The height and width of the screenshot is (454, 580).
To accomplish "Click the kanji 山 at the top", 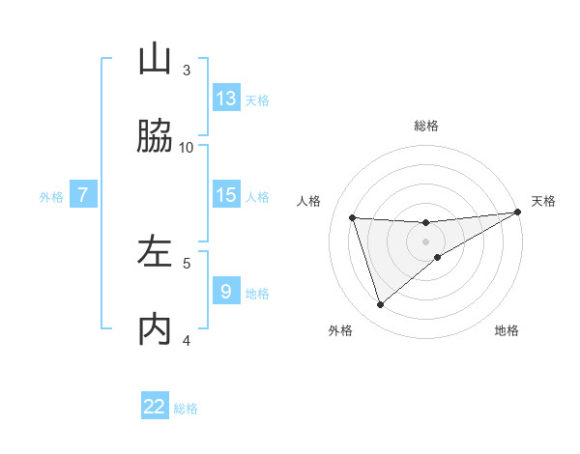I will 155,60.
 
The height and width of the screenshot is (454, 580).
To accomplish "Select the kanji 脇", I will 155,136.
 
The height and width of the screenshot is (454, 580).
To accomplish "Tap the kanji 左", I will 155,252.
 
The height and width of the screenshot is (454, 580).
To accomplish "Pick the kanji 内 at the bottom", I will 155,329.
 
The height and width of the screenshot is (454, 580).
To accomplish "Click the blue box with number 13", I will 226,99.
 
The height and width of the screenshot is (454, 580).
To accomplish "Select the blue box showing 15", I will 226,195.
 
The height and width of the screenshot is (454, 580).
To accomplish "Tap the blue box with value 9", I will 226,292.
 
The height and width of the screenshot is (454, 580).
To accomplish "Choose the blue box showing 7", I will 83,195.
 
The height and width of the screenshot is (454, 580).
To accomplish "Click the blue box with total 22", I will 155,407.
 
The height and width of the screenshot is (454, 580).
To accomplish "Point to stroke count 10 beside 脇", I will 187,147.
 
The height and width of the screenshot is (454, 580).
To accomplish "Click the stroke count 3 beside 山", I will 187,70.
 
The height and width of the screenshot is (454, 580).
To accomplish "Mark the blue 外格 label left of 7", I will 51,197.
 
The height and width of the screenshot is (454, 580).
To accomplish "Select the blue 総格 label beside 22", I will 186,409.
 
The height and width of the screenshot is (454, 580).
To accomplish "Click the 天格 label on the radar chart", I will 543,201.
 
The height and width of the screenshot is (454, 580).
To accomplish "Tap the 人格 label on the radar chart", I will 309,201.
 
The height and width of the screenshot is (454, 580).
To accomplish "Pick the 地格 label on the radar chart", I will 507,330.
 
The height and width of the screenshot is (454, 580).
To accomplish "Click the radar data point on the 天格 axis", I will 517,213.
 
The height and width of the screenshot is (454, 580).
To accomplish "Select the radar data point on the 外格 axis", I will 380,305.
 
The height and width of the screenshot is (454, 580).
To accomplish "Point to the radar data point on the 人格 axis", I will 353,217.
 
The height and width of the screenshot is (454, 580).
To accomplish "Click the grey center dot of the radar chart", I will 426,241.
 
